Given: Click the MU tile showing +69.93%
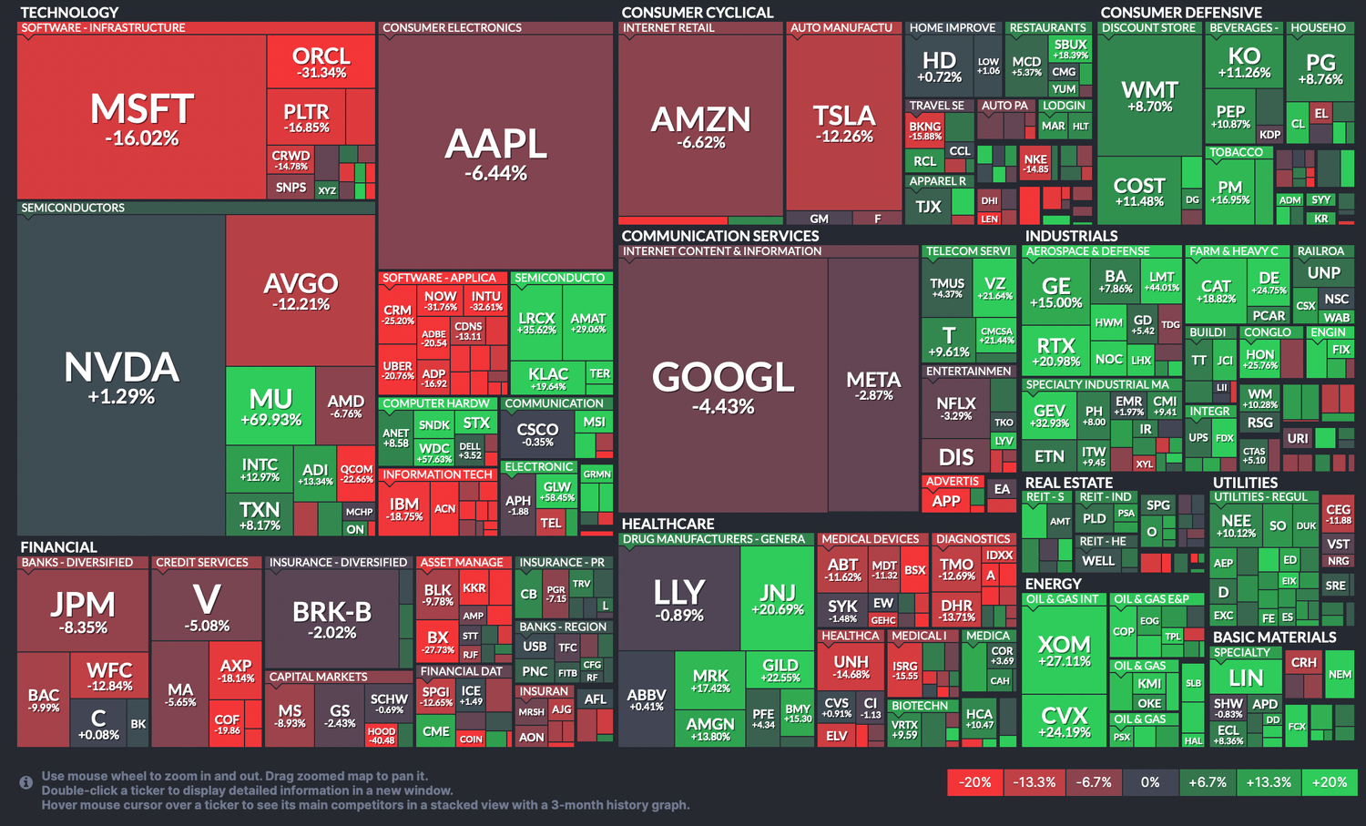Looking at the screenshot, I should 270,406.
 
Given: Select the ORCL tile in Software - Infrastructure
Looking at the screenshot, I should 321,62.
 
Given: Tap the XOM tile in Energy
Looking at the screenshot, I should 1064,651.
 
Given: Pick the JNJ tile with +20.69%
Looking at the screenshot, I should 777,598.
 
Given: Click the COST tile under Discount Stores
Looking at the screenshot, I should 1138,191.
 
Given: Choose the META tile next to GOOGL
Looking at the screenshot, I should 873,385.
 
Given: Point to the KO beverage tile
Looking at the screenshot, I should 1243,62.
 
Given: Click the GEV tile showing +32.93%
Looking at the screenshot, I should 1049,415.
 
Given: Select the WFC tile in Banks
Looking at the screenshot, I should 109,676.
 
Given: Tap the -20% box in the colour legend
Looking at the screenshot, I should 974,782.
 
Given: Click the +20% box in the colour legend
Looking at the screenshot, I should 1329,782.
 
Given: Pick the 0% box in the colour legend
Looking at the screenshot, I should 1150,782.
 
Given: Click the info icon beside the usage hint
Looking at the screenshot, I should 26,782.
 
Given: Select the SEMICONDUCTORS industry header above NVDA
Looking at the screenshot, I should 73,208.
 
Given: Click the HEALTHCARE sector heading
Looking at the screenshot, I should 668,524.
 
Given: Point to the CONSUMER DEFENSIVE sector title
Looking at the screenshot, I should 1180,13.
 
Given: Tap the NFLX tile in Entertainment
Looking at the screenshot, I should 955,408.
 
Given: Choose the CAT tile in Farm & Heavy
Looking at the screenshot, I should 1216,291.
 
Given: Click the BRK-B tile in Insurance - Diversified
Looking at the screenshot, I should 331,618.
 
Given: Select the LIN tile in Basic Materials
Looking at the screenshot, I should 1245,678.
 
